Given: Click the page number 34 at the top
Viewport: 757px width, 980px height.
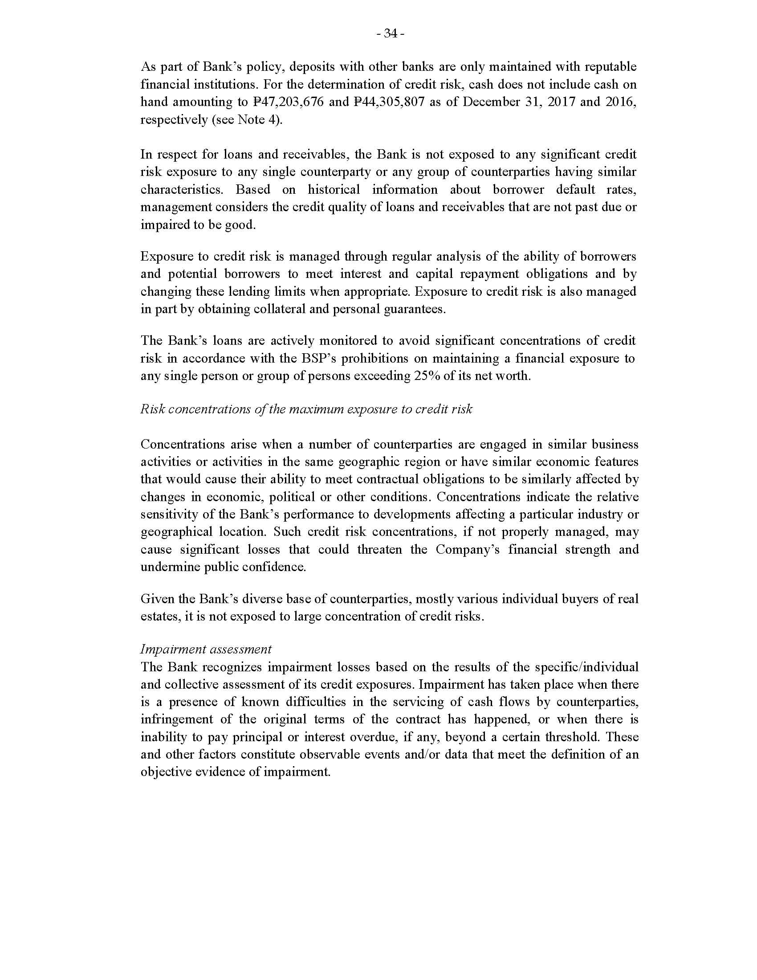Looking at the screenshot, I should coord(391,34).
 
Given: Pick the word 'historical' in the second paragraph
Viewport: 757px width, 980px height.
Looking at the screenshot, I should coord(334,190).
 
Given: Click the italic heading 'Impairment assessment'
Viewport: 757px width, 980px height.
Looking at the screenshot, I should coord(206,649).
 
